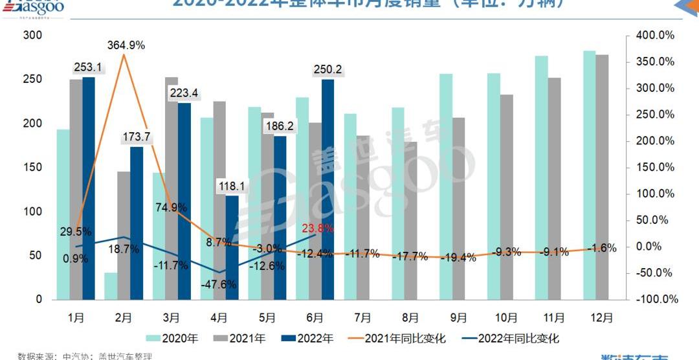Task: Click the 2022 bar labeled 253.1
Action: pos(89,188)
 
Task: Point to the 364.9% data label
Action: pos(126,45)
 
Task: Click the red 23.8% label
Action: pos(318,228)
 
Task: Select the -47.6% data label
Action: pos(219,284)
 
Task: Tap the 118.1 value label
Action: pos(232,186)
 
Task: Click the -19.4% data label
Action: pos(458,258)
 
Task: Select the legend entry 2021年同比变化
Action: pos(397,338)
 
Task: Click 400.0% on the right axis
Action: pos(657,35)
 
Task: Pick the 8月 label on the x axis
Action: pos(411,317)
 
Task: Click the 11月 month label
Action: pos(553,317)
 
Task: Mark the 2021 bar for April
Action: pos(219,200)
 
